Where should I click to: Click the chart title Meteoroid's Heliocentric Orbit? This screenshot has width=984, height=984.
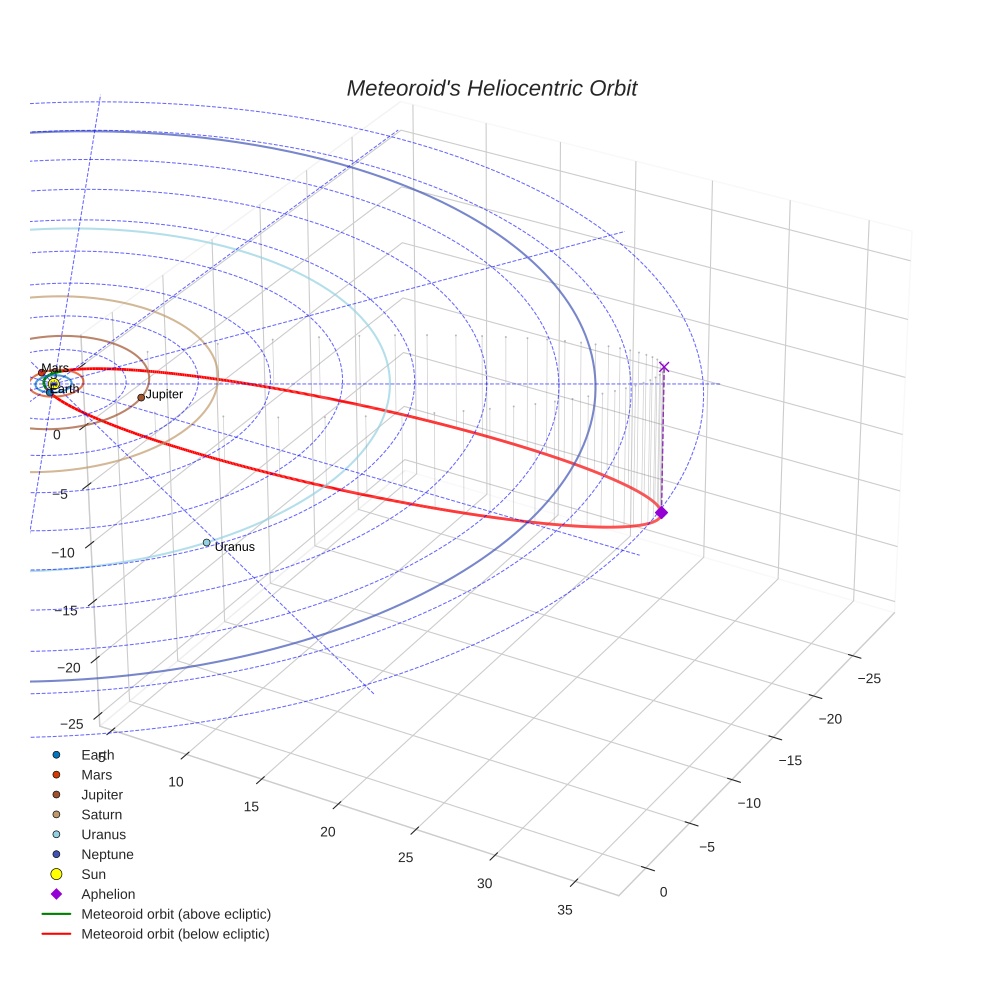click(x=491, y=88)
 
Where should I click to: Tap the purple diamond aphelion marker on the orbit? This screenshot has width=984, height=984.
click(x=661, y=512)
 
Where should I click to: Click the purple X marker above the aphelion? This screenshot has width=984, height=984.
click(x=664, y=367)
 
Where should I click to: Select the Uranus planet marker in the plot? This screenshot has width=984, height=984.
click(x=207, y=543)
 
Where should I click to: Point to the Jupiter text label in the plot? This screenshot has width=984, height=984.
click(x=164, y=395)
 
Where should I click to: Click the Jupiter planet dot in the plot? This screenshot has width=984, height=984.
click(x=141, y=397)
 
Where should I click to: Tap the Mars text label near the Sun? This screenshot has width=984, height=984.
click(x=56, y=368)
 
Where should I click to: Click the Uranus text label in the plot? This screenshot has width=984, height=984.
click(x=235, y=547)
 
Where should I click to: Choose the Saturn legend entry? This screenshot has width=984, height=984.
click(x=101, y=814)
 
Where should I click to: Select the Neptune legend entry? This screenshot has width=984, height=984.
click(x=107, y=854)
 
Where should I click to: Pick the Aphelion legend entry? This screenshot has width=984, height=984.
click(x=108, y=894)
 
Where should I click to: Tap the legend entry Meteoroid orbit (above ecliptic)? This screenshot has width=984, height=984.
click(x=176, y=914)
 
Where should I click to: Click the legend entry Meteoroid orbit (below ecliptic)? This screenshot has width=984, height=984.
click(x=176, y=934)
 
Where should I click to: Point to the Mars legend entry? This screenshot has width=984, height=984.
click(x=96, y=774)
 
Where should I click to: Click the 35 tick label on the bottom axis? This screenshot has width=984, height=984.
click(x=565, y=910)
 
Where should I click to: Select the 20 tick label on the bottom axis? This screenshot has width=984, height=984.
click(x=327, y=832)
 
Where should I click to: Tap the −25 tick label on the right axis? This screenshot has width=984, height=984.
click(x=869, y=679)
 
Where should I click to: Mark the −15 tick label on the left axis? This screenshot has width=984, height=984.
click(x=68, y=610)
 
